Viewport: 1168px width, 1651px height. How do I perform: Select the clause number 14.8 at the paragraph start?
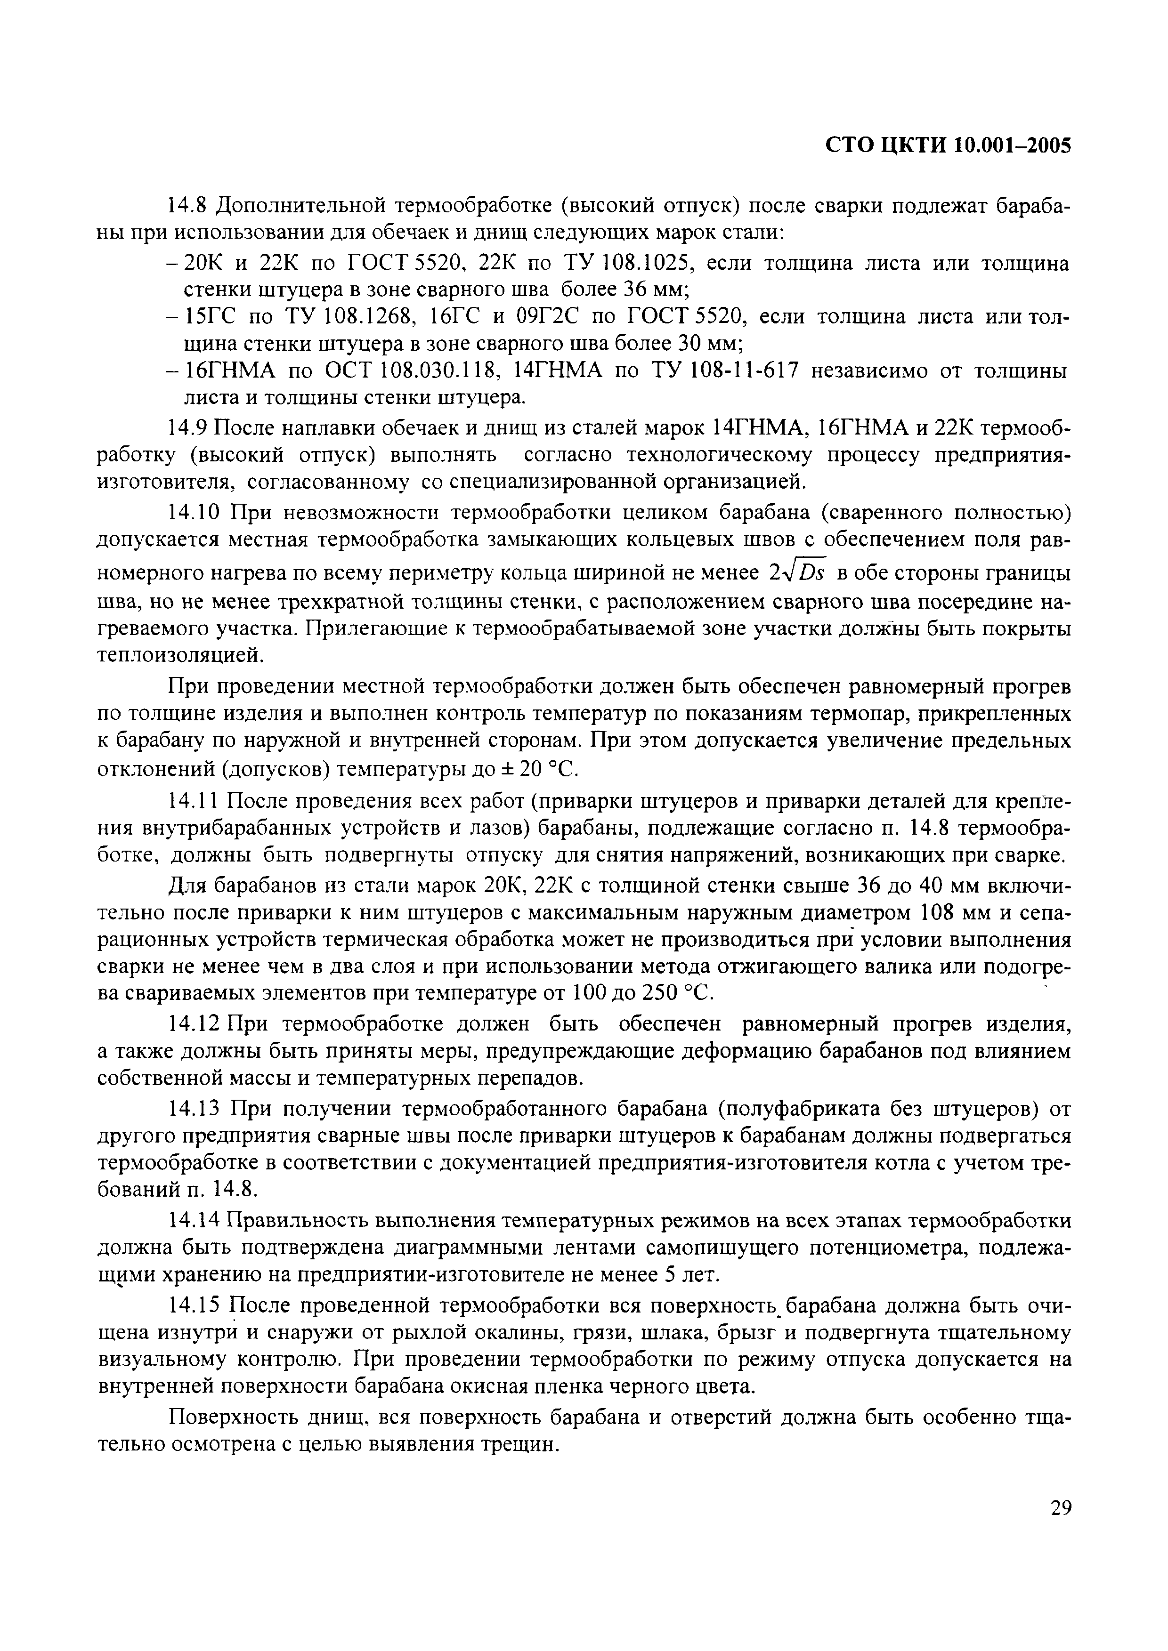(187, 206)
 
